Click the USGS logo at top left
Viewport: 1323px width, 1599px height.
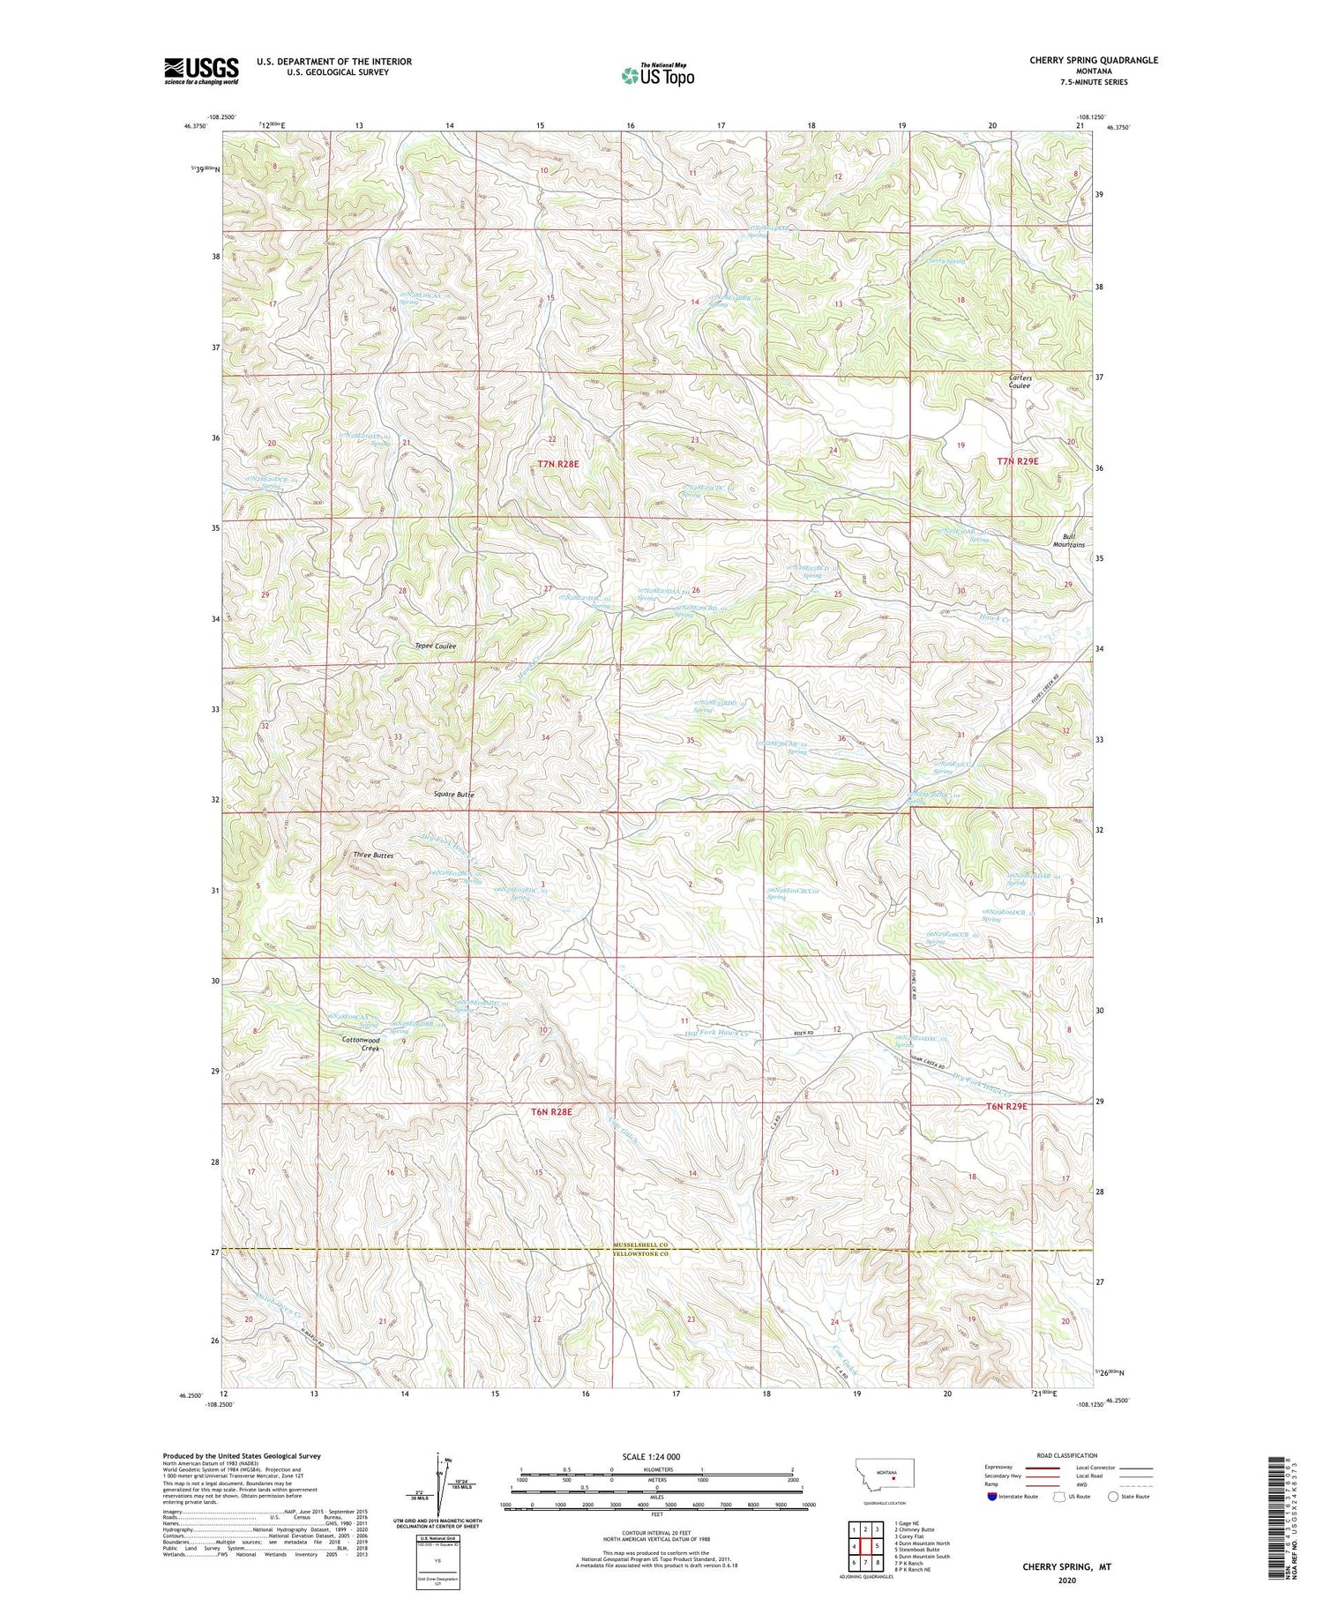[x=201, y=71]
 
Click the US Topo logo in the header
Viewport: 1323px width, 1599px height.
[x=657, y=76]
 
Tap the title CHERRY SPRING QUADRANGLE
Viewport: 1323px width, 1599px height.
[x=1093, y=60]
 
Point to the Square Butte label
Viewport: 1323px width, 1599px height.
[x=454, y=795]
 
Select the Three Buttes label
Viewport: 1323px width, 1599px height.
[x=372, y=856]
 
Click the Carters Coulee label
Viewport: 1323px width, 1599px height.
[x=1020, y=382]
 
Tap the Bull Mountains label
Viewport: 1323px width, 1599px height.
[x=1066, y=541]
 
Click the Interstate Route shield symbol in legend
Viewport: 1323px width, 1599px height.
[x=993, y=1497]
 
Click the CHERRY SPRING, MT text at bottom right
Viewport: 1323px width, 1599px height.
[x=1066, y=1567]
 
